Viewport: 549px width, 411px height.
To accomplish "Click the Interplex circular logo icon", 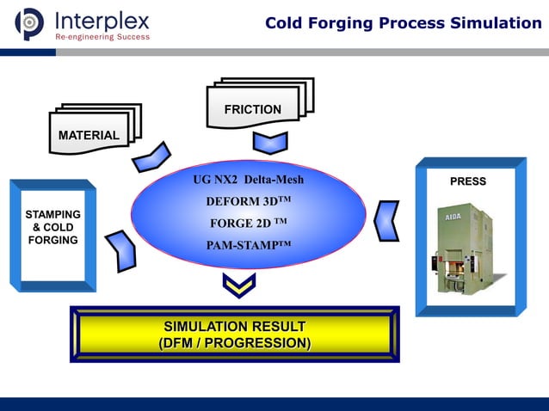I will (28, 23).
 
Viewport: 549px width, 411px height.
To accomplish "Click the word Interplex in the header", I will (102, 20).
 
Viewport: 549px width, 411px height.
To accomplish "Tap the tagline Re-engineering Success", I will (102, 37).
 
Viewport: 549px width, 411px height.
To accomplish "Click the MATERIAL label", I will (89, 136).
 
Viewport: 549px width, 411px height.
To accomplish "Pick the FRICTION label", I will (252, 109).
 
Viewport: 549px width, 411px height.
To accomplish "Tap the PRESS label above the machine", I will (468, 181).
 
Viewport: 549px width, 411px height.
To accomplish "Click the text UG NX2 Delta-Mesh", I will (250, 180).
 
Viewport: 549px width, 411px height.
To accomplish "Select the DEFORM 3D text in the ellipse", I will (249, 202).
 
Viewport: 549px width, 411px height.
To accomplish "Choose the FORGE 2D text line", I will (248, 224).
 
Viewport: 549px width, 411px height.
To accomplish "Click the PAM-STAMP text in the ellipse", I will (249, 245).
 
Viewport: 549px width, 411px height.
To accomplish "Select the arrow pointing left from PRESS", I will (387, 221).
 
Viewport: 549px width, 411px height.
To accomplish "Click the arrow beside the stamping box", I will (120, 251).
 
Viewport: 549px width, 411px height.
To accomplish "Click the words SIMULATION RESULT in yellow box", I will (234, 327).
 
